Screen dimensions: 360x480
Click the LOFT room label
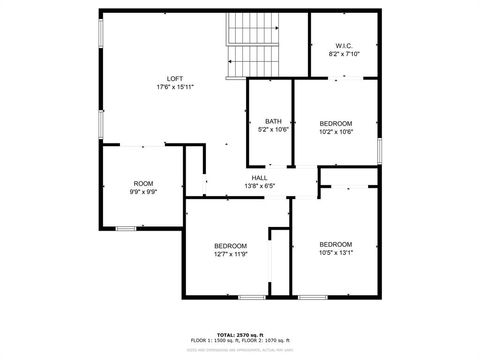point(174,79)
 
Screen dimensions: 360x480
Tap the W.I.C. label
point(343,46)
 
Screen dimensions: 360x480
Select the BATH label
point(273,121)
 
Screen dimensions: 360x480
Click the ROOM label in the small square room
point(144,183)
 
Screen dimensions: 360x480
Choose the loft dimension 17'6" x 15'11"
point(174,87)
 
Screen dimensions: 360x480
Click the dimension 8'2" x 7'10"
point(343,54)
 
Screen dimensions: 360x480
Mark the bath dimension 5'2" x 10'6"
point(273,129)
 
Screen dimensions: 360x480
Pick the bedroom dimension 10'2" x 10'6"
point(336,131)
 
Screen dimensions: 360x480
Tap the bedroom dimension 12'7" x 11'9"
point(230,253)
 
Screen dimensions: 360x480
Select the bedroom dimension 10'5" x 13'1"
point(336,252)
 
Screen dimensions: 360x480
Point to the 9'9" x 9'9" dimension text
point(144,191)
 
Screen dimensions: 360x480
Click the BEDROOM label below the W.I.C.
point(336,123)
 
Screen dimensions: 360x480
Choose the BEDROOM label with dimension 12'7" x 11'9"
point(230,245)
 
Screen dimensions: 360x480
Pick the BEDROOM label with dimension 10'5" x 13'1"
point(336,244)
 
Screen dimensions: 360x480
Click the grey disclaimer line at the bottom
point(239,350)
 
